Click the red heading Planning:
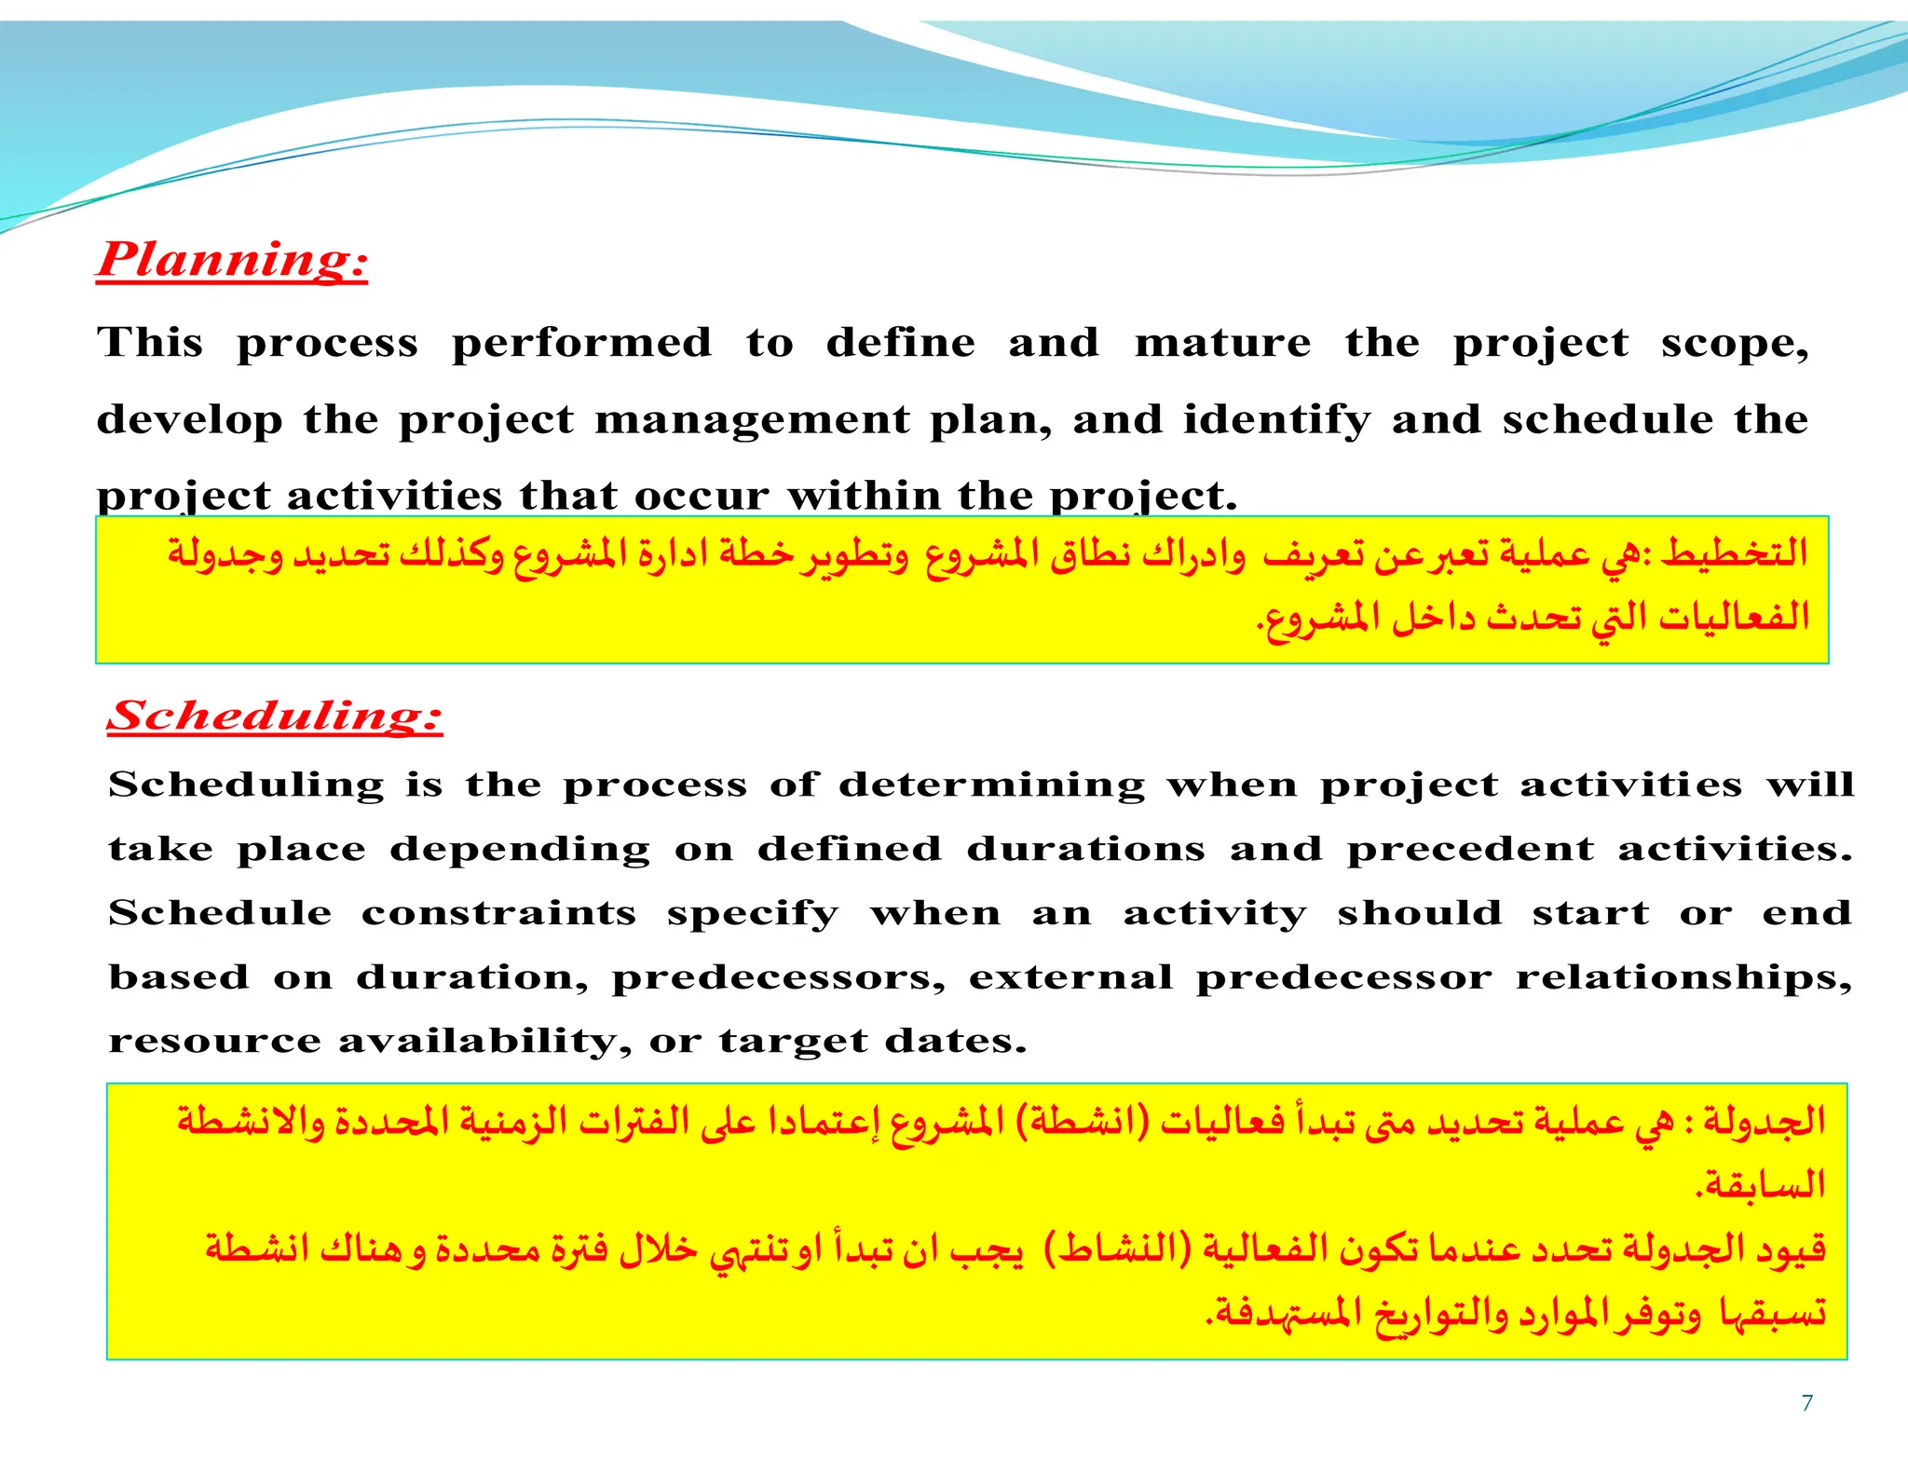pyautogui.click(x=233, y=260)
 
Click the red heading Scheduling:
pyautogui.click(x=275, y=716)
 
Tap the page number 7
pyautogui.click(x=1806, y=1403)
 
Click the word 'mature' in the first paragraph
pyautogui.click(x=1222, y=343)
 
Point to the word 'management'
pyautogui.click(x=752, y=419)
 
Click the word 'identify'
pyautogui.click(x=1277, y=419)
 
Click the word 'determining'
pyautogui.click(x=991, y=785)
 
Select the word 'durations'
pyautogui.click(x=1085, y=849)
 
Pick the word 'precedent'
pyautogui.click(x=1470, y=849)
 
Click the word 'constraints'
pyautogui.click(x=498, y=913)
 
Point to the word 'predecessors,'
pyautogui.click(x=778, y=977)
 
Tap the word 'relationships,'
pyautogui.click(x=1683, y=977)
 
